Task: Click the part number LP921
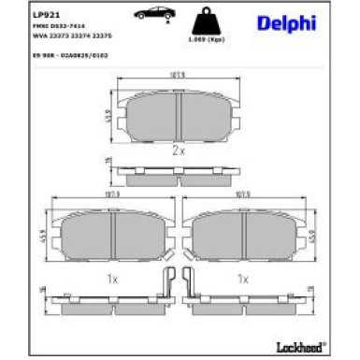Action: pos(42,14)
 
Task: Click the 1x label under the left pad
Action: pos(109,278)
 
